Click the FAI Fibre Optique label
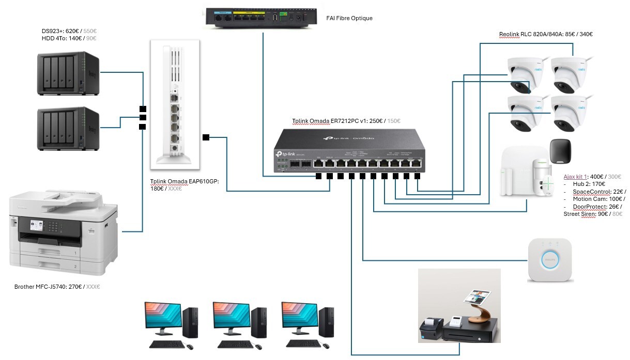tap(349, 18)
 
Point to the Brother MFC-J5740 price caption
tap(57, 286)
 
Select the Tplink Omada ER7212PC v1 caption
tap(346, 121)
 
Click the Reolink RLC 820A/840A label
tap(546, 35)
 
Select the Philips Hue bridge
tap(549, 260)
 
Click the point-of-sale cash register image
tap(459, 306)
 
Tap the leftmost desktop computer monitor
tap(163, 320)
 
